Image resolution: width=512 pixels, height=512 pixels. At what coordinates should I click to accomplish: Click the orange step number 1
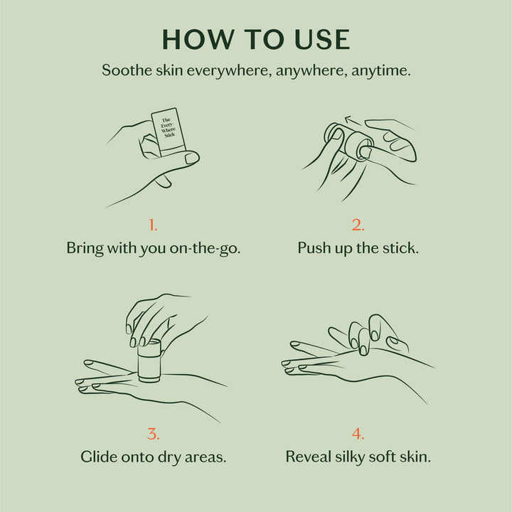pos(153,225)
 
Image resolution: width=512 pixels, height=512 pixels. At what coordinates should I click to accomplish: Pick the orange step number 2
pos(358,225)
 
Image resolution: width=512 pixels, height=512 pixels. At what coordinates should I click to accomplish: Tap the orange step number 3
pos(153,434)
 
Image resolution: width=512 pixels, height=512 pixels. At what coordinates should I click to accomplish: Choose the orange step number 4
pos(358,434)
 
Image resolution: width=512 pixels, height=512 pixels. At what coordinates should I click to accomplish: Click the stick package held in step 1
pos(169,132)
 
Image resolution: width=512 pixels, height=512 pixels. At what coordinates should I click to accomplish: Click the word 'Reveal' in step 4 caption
pos(309,457)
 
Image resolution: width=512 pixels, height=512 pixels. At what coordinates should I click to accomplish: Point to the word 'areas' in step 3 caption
pos(206,457)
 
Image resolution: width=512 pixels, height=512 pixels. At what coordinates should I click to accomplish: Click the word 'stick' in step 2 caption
pos(399,249)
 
